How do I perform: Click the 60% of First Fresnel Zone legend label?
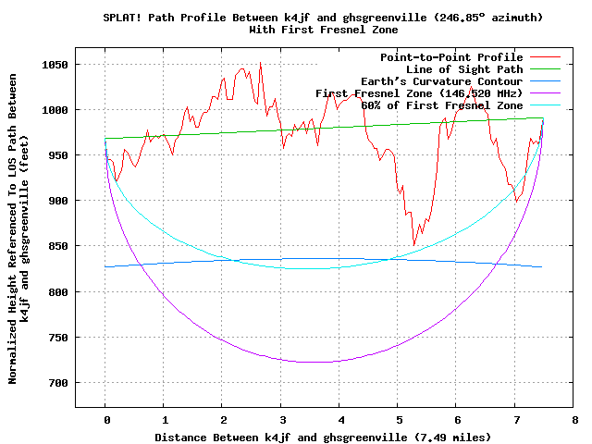[429, 105]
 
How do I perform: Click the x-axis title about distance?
[323, 437]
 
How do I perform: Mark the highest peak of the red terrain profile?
[260, 63]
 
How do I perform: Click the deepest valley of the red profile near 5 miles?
[414, 245]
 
